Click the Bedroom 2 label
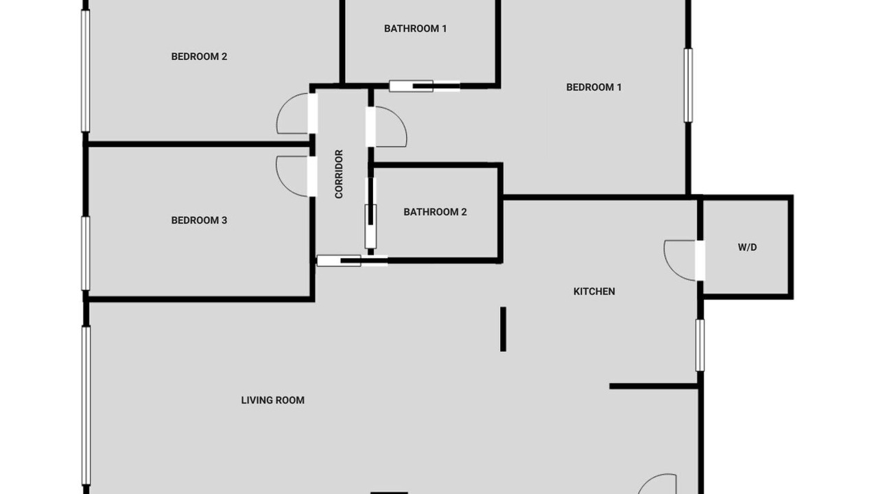click(x=199, y=56)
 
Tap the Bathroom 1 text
click(x=415, y=29)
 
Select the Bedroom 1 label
click(x=594, y=87)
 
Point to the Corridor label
click(x=339, y=174)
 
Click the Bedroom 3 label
click(x=199, y=220)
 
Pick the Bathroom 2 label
click(x=435, y=212)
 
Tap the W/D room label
click(x=747, y=248)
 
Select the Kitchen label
click(x=594, y=292)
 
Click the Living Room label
click(x=273, y=400)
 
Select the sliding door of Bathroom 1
click(x=425, y=86)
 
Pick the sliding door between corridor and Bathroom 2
click(x=370, y=213)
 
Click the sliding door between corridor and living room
click(x=352, y=261)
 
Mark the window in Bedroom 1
click(x=688, y=85)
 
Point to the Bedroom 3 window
click(x=86, y=253)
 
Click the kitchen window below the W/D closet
click(x=700, y=345)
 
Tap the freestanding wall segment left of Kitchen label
click(x=503, y=329)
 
